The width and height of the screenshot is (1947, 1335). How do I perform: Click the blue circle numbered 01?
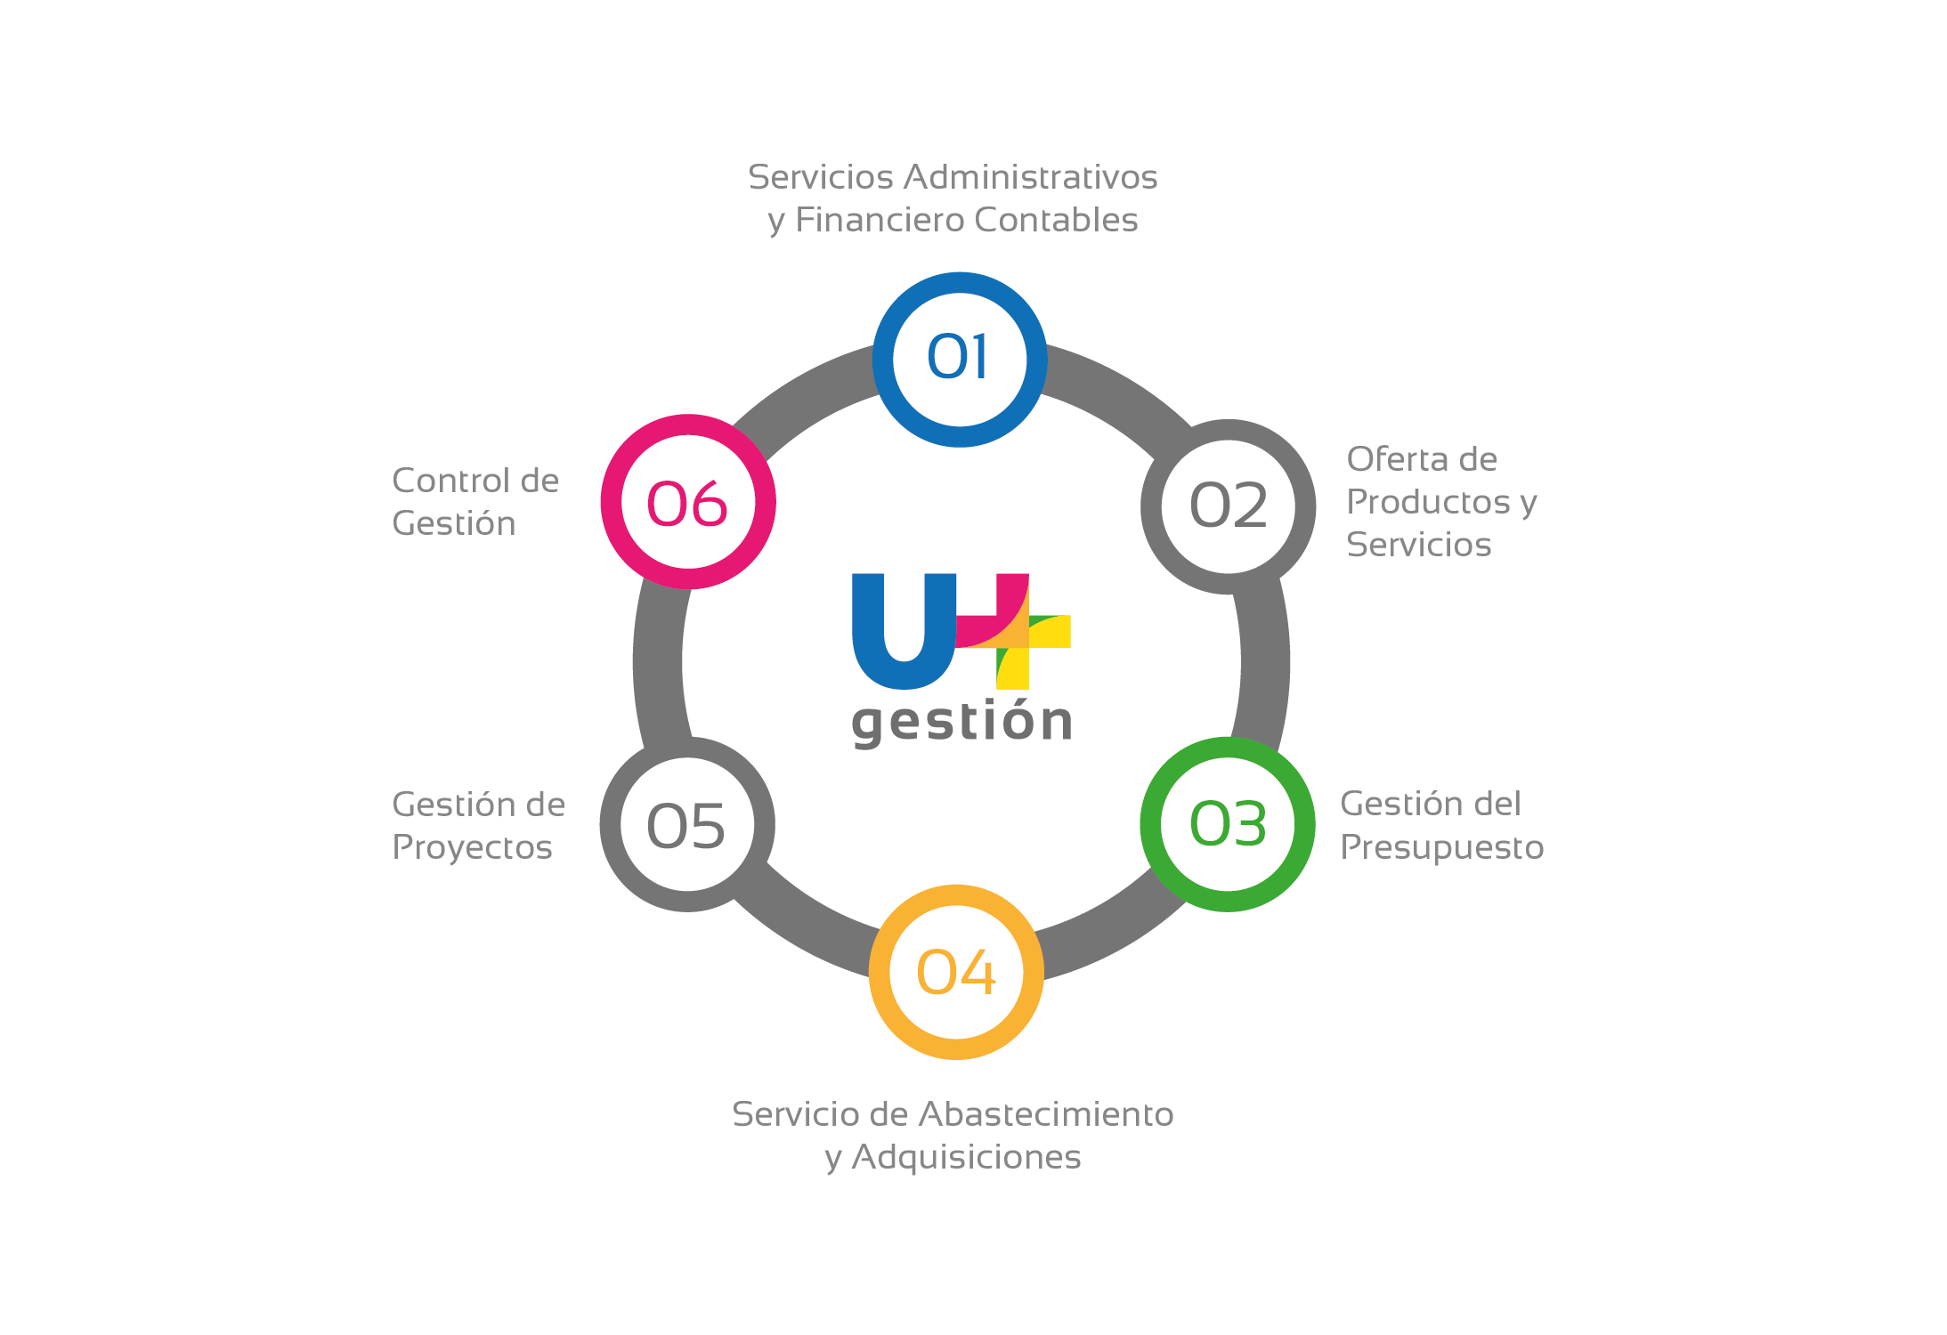(959, 360)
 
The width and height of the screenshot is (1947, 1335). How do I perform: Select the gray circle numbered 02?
(1228, 506)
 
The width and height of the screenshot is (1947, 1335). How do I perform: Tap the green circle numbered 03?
(1228, 824)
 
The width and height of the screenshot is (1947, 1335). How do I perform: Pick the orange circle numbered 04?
(956, 972)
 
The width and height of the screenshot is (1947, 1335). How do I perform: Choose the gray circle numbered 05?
(687, 825)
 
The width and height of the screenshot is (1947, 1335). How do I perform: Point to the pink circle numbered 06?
(688, 502)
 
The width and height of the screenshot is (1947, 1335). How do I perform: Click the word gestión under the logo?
(962, 722)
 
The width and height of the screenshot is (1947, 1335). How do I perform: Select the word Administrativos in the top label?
(1030, 177)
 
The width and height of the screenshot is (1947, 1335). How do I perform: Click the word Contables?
(1056, 220)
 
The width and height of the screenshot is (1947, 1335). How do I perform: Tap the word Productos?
(1428, 502)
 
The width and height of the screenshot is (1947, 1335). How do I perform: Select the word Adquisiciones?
(966, 1157)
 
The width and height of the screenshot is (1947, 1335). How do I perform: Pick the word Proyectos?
(472, 847)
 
